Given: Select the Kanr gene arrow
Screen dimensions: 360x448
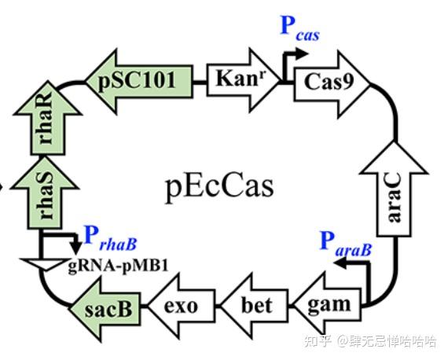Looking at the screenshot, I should (x=240, y=79).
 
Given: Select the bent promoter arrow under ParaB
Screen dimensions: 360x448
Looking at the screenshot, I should (x=358, y=275).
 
